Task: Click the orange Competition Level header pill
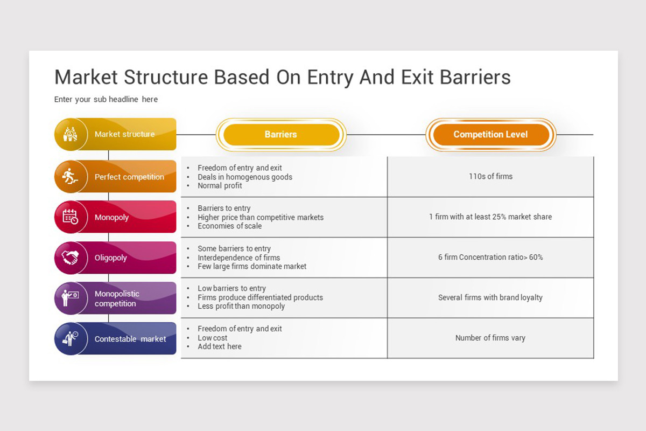(490, 135)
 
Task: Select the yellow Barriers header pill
(280, 135)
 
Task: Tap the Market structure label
(124, 134)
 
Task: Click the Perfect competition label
(129, 177)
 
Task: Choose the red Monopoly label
(111, 218)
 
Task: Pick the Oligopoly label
(111, 258)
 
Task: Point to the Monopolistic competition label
(117, 298)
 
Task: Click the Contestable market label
(130, 339)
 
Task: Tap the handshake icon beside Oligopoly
(70, 258)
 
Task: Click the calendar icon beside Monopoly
(70, 217)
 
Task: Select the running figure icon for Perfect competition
(69, 176)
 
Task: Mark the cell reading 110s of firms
(490, 176)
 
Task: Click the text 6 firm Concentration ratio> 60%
(490, 258)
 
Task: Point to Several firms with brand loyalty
(490, 297)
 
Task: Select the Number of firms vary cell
(490, 338)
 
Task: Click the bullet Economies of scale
(229, 226)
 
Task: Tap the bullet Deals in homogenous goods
(245, 177)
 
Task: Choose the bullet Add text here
(219, 346)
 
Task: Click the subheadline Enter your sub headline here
(106, 100)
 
